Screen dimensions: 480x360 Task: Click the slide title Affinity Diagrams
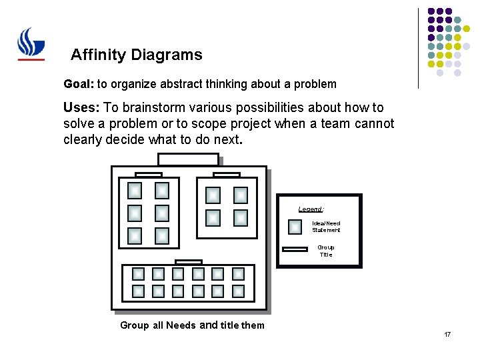click(x=136, y=55)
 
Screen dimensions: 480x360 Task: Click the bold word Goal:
click(x=79, y=85)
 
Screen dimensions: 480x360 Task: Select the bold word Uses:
click(x=82, y=107)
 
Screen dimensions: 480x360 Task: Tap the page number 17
click(x=447, y=334)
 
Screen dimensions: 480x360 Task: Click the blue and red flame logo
click(x=31, y=43)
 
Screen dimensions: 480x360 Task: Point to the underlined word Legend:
click(x=311, y=209)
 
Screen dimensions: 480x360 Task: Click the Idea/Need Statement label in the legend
click(x=326, y=227)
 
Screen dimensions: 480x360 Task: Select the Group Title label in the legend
click(x=325, y=251)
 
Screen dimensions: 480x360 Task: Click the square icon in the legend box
click(x=295, y=227)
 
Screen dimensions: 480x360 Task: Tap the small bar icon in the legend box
click(x=295, y=250)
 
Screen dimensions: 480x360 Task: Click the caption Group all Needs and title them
click(x=192, y=325)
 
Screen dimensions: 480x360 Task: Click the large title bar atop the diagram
click(x=188, y=159)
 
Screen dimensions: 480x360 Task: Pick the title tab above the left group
click(x=148, y=175)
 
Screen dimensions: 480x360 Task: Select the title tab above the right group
click(x=227, y=175)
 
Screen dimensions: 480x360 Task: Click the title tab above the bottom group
click(x=188, y=262)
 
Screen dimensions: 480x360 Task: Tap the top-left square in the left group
click(x=135, y=191)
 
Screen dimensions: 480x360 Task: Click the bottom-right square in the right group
click(x=241, y=218)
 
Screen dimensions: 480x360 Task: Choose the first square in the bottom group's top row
click(x=138, y=274)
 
